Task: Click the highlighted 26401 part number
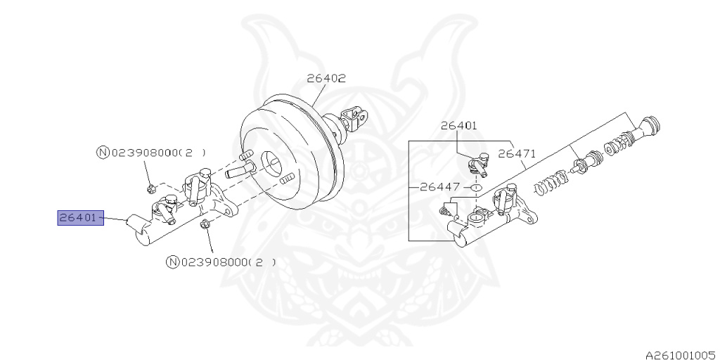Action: coord(80,218)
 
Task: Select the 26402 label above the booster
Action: coord(326,79)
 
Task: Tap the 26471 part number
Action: coord(517,154)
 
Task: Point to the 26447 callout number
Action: coord(440,187)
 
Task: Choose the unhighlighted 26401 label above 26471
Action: coord(459,125)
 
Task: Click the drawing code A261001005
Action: coord(682,355)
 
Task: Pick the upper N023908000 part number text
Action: coord(151,153)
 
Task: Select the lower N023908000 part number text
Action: coord(221,262)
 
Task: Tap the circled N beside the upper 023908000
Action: coord(103,153)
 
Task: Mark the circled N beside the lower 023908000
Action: coord(172,262)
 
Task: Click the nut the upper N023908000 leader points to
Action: coord(152,188)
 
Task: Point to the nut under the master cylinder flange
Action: coord(205,225)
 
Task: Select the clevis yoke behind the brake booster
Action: coord(353,118)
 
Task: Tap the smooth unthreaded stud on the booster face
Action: coord(236,172)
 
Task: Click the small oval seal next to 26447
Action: coord(476,187)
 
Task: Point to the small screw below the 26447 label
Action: coord(444,211)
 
